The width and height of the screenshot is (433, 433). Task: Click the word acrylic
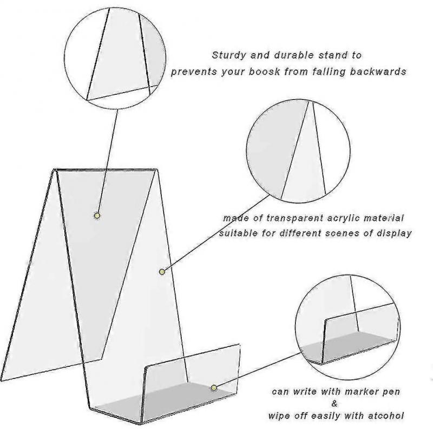coord(338,218)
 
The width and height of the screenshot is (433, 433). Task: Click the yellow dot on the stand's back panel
coord(97,215)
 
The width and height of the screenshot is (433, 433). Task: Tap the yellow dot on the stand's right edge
coord(161,271)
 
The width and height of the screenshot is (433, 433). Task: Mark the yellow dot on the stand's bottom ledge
coord(214,387)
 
